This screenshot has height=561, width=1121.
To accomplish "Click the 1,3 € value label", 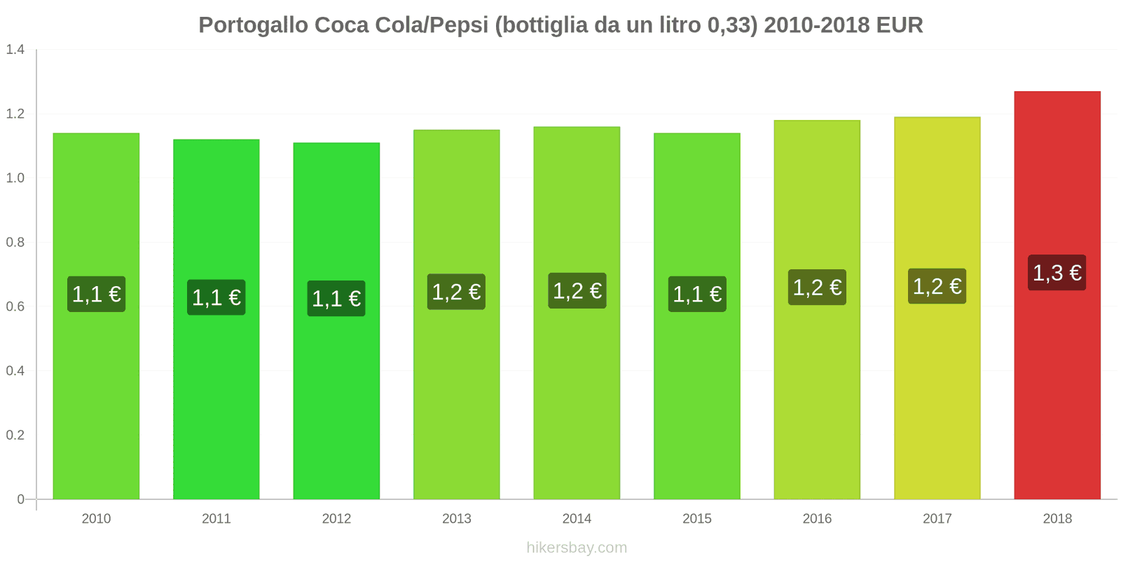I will click(1057, 273).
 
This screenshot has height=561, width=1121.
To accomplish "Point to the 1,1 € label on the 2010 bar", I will click(96, 294).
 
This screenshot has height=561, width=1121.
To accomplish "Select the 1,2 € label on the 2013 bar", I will click(456, 292).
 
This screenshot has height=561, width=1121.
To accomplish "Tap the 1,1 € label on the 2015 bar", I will click(697, 294).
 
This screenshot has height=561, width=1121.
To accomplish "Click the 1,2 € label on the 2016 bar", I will click(817, 288).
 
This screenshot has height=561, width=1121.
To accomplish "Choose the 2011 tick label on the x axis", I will click(216, 519).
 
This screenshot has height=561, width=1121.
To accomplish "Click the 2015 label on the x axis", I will click(697, 519).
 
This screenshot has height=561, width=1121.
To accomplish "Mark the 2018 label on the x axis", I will click(1057, 519).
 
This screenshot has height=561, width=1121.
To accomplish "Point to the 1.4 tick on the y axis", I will click(15, 49).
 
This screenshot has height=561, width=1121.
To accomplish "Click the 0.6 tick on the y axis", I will click(15, 306).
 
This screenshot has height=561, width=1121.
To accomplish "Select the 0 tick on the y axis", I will click(21, 499).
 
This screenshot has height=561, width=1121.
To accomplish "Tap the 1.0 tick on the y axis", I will click(15, 178).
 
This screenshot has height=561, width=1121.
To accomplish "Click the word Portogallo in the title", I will click(253, 25).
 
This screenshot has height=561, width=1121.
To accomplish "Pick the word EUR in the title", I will click(900, 25).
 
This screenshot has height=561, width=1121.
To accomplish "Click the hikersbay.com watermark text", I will click(577, 548).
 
